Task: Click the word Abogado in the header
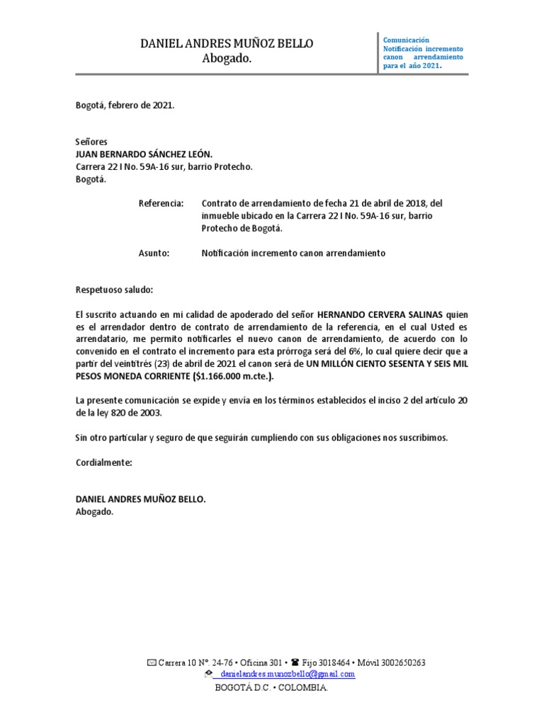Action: [x=227, y=59]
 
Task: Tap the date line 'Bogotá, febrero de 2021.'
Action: [x=125, y=105]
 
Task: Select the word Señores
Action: [x=91, y=142]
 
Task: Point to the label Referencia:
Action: [x=161, y=203]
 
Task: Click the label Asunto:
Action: [x=154, y=253]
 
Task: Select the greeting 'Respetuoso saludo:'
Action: [x=113, y=290]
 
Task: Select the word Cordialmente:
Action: [x=103, y=462]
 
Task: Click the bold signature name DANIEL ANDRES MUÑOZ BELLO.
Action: [x=140, y=499]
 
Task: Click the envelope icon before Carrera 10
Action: [x=151, y=663]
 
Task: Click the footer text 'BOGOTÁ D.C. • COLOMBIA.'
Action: [x=271, y=687]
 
